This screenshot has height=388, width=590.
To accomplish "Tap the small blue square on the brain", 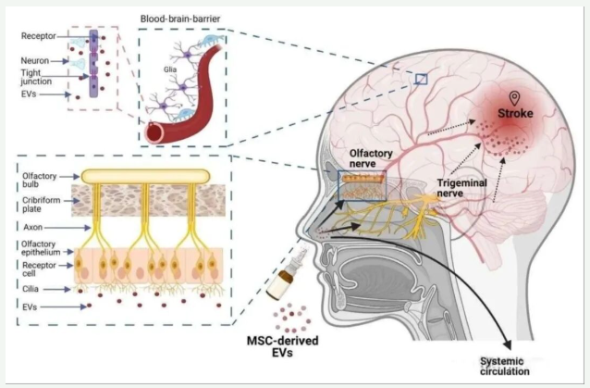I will click(x=421, y=80).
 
